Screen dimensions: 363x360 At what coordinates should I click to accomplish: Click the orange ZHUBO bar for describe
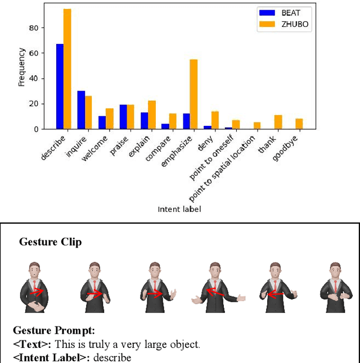pyautogui.click(x=67, y=69)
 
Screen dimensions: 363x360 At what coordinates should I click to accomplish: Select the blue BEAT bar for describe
pyautogui.click(x=60, y=87)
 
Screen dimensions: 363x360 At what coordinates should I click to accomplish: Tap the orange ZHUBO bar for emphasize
pyautogui.click(x=193, y=94)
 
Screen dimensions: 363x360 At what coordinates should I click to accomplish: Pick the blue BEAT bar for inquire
pyautogui.click(x=81, y=110)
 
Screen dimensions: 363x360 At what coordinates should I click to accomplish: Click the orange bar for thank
pyautogui.click(x=278, y=122)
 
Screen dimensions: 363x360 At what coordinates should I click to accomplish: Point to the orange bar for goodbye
pyautogui.click(x=299, y=124)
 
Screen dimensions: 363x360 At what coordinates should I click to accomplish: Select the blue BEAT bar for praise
pyautogui.click(x=123, y=117)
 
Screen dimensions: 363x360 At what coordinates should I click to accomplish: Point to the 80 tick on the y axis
pyautogui.click(x=38, y=28)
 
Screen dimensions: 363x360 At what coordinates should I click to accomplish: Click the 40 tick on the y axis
pyautogui.click(x=38, y=79)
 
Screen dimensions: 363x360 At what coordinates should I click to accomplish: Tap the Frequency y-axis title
pyautogui.click(x=21, y=67)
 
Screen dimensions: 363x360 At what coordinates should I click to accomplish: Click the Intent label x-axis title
pyautogui.click(x=179, y=210)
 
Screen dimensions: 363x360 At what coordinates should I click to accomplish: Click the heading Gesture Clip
pyautogui.click(x=50, y=242)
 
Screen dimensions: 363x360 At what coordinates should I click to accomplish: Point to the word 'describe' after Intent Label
pyautogui.click(x=112, y=357)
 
